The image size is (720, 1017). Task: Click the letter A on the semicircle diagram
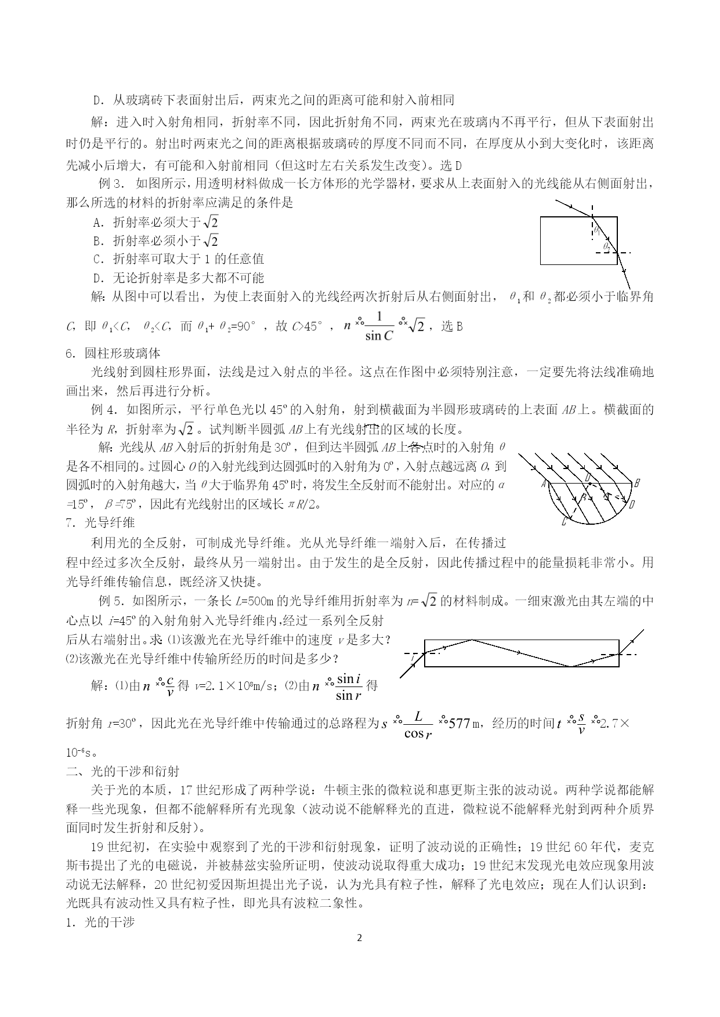[544, 484]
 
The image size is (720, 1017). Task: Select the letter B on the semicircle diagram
[637, 482]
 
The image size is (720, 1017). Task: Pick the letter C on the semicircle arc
[564, 522]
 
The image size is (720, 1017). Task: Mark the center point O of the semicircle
[588, 477]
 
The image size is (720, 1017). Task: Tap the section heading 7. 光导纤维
[101, 522]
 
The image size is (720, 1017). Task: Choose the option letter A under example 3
[97, 222]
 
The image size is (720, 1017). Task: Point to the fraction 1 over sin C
[379, 326]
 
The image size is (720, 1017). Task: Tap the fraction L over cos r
[418, 725]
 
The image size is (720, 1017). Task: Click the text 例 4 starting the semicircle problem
[104, 410]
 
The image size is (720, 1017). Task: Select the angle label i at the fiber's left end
[413, 658]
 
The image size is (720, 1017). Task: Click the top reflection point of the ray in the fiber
[473, 640]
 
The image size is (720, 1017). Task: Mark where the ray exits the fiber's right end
[619, 653]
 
